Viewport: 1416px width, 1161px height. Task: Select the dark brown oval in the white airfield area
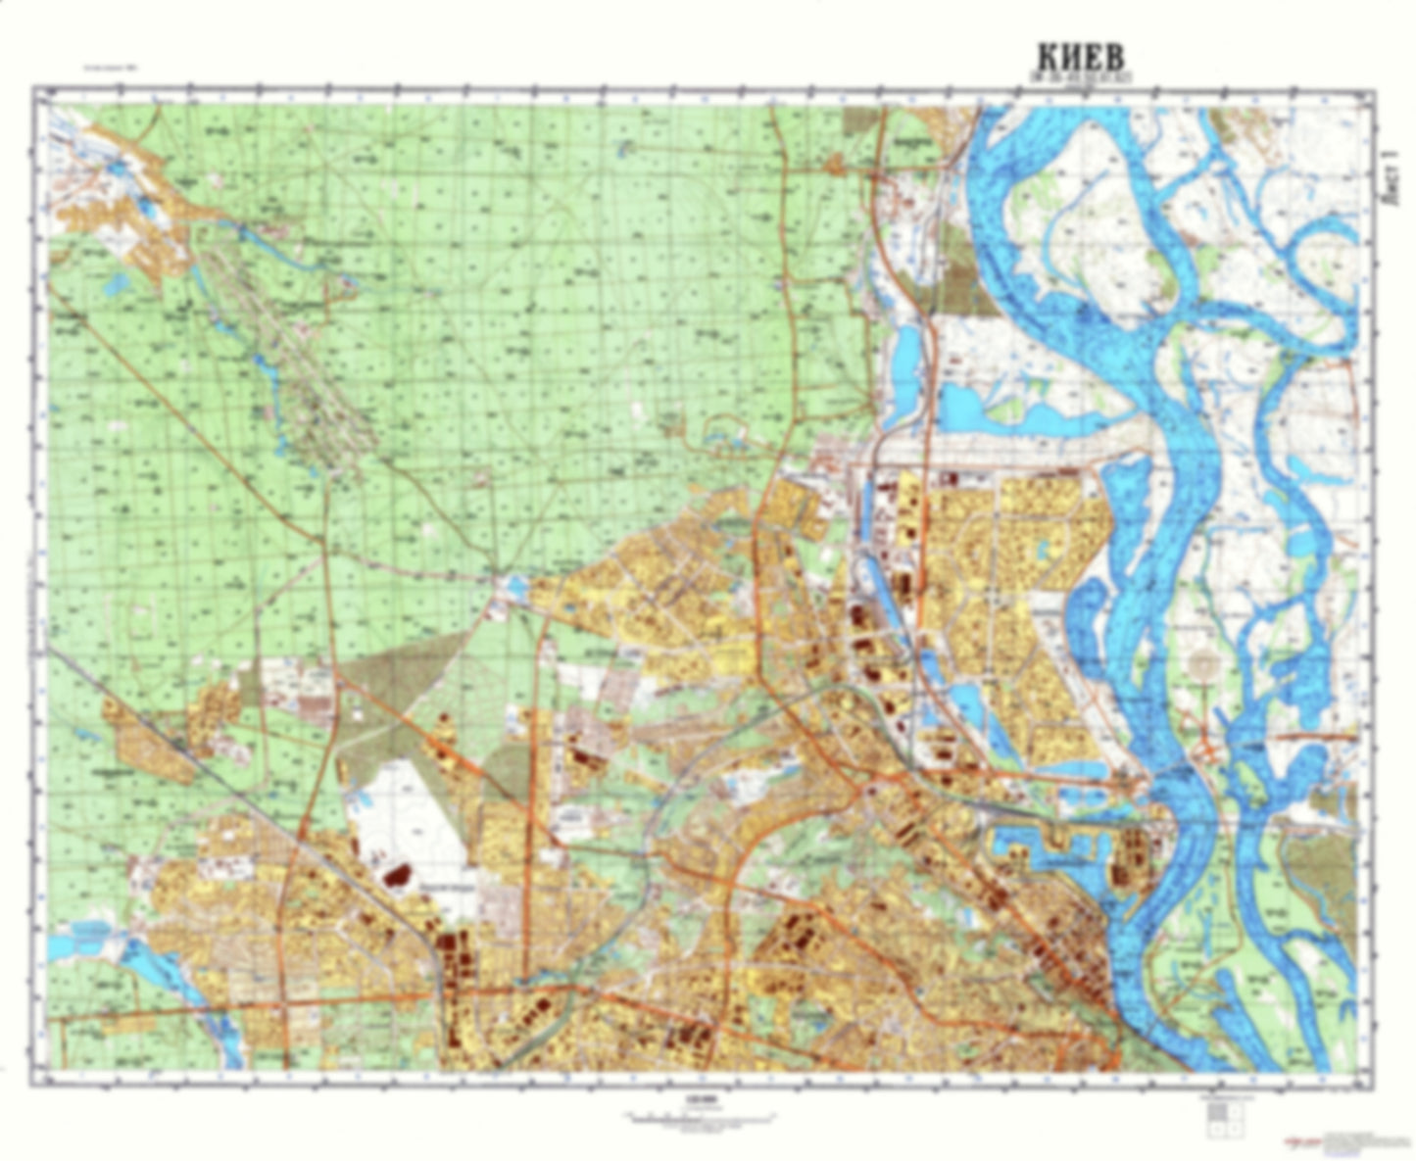396,874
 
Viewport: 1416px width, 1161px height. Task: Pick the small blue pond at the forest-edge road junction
513,589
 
